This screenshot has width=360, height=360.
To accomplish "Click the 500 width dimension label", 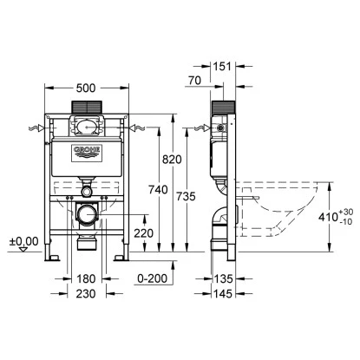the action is click(86, 88).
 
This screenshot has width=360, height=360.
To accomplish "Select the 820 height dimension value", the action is click(172, 160).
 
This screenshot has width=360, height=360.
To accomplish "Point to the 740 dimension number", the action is click(158, 190).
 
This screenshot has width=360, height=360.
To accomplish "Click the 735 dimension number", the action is click(187, 197).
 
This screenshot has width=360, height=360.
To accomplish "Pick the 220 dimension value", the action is click(144, 233).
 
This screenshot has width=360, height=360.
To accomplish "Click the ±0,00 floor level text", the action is click(23, 241).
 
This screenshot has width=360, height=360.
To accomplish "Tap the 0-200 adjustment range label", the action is click(153, 278).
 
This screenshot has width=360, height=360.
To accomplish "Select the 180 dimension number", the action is click(86, 278).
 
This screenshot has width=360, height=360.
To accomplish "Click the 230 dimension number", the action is click(86, 294).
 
